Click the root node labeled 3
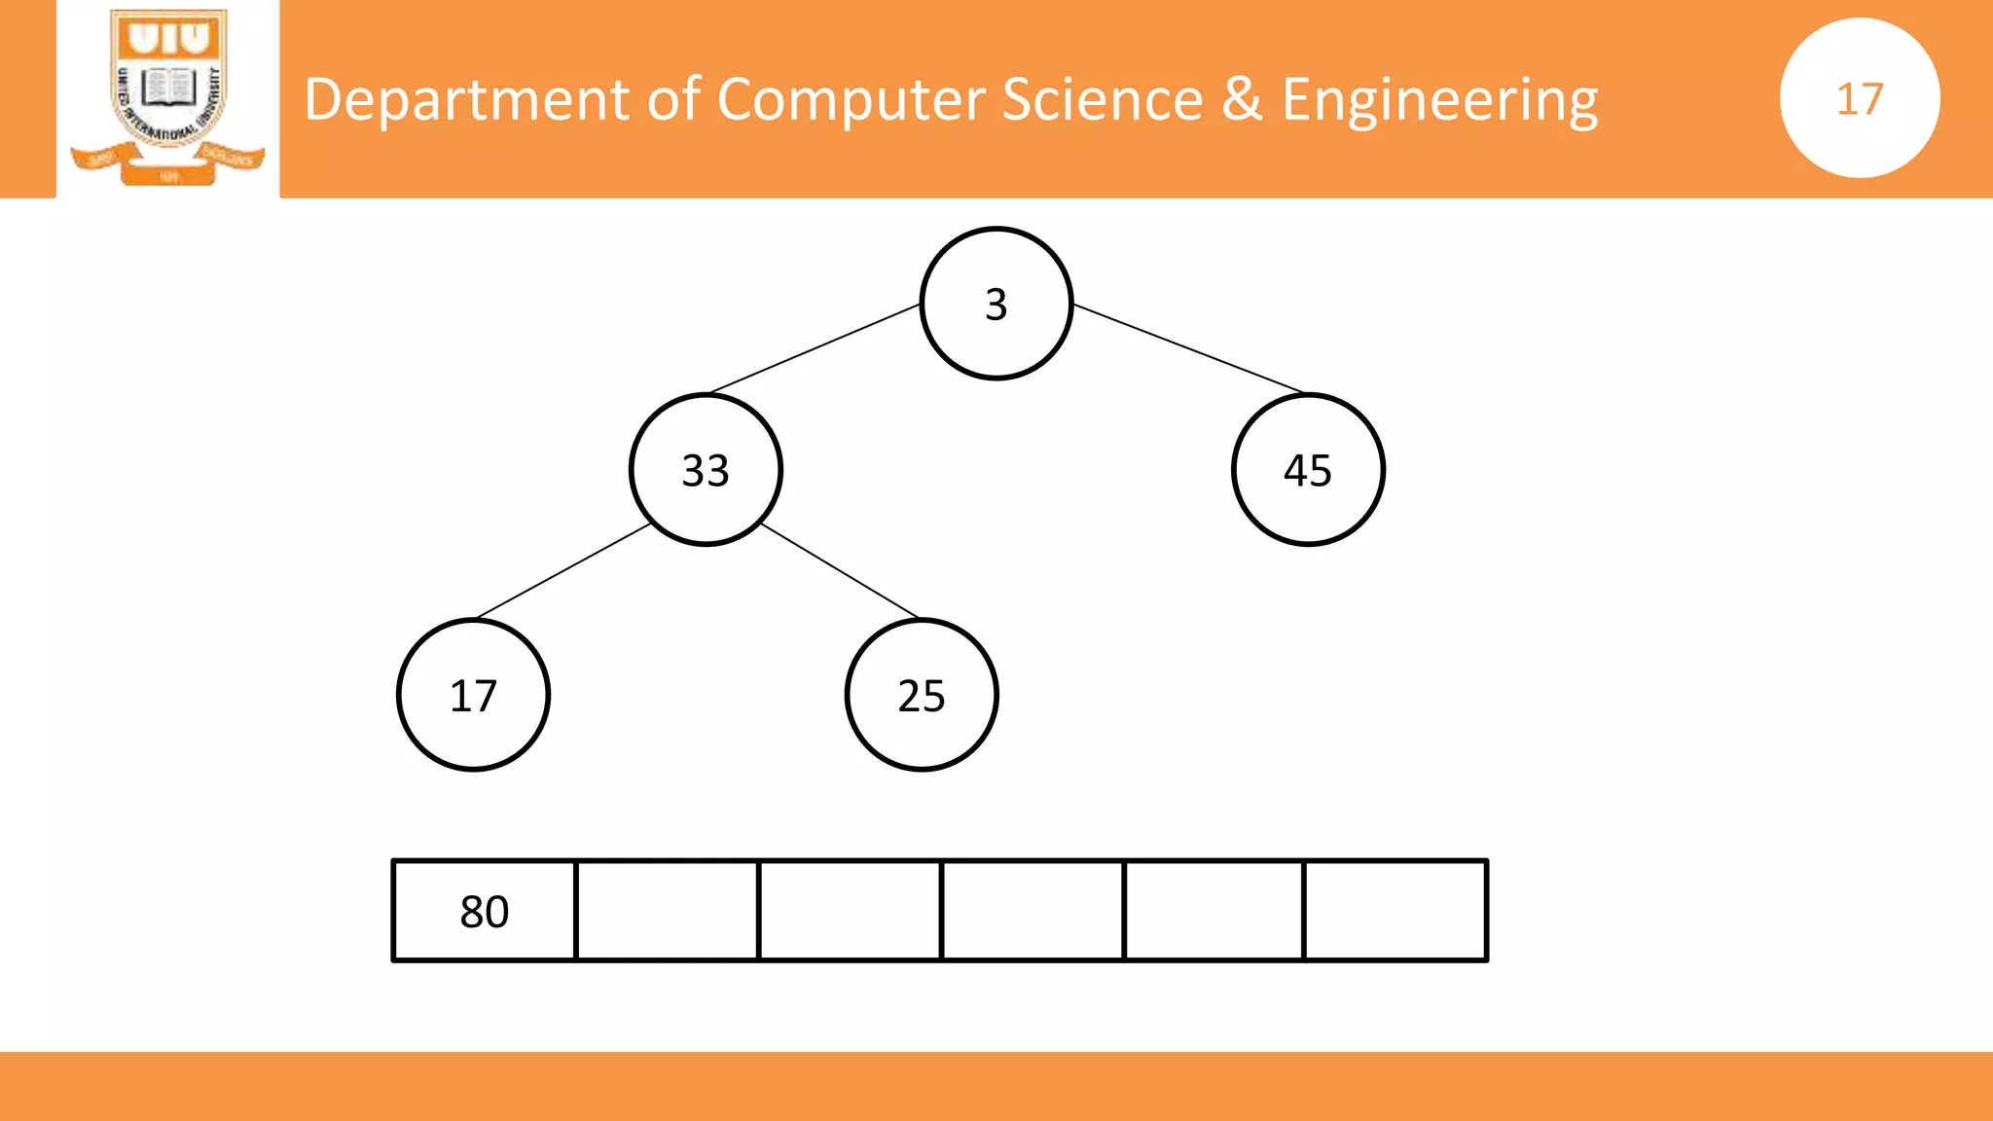click(996, 304)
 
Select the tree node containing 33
click(706, 470)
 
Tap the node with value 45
click(1308, 470)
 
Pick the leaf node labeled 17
click(474, 695)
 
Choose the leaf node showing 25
click(922, 695)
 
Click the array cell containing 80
click(485, 911)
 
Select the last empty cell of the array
click(1395, 911)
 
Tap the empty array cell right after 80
click(668, 911)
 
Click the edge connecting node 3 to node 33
click(815, 348)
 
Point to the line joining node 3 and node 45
click(1188, 348)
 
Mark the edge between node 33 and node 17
click(563, 571)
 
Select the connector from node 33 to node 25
click(840, 571)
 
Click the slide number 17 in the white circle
click(1860, 98)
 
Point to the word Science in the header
click(1102, 99)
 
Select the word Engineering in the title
click(1439, 99)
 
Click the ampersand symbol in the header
click(1242, 99)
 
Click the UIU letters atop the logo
click(169, 39)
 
